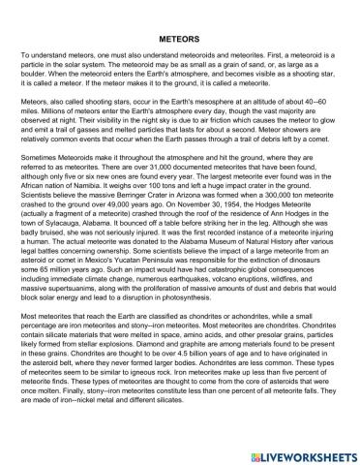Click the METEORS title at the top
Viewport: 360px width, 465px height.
pyautogui.click(x=179, y=43)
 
